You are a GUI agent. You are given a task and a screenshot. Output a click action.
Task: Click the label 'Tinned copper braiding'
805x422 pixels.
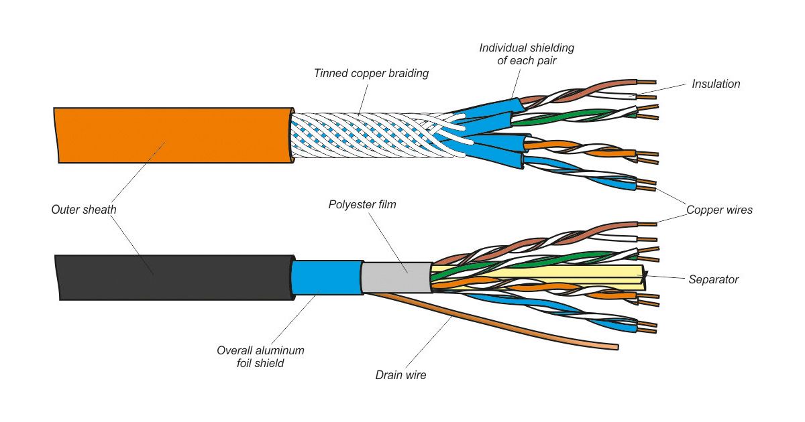click(x=371, y=73)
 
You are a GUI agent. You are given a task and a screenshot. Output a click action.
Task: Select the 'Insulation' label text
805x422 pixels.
click(x=716, y=84)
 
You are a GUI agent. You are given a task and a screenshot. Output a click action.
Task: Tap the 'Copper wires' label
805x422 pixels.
click(x=719, y=210)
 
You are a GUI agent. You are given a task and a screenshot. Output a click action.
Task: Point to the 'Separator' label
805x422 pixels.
click(x=713, y=279)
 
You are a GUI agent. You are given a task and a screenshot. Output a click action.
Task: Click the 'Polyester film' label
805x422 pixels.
click(x=362, y=204)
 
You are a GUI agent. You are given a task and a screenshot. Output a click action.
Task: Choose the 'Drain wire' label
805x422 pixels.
click(x=400, y=375)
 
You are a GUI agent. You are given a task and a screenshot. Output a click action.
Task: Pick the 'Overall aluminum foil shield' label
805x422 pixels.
click(x=260, y=356)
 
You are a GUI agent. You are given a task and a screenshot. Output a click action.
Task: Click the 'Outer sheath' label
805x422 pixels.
click(x=84, y=210)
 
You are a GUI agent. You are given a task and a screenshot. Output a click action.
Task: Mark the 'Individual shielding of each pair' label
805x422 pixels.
click(x=527, y=54)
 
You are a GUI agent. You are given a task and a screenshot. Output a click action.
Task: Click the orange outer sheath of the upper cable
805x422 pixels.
click(x=168, y=134)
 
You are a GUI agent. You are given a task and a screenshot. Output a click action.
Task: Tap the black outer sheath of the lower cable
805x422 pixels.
click(x=168, y=276)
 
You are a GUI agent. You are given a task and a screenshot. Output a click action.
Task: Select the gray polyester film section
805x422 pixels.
click(x=396, y=277)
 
